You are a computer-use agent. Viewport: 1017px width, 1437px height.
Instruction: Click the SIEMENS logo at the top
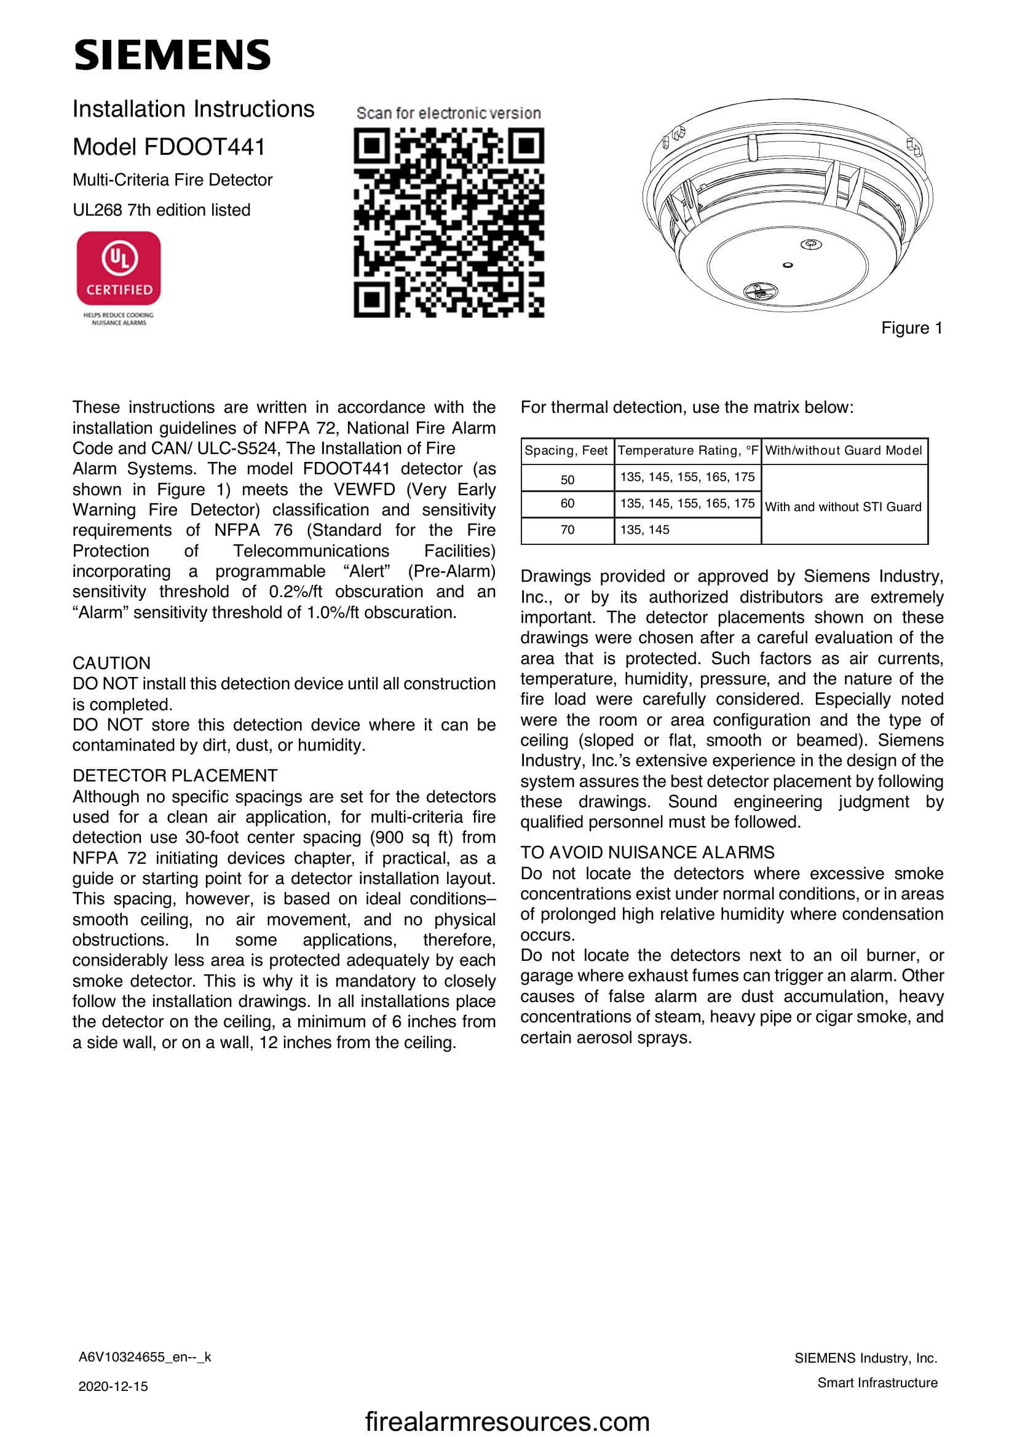coord(172,55)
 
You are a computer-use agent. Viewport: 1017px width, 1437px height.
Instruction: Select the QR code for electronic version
coord(448,222)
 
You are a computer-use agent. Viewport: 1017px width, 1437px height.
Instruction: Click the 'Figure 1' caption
coord(911,328)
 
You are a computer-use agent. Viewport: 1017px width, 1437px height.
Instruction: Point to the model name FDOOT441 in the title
coord(204,147)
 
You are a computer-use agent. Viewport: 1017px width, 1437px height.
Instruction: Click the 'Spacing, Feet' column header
coord(566,450)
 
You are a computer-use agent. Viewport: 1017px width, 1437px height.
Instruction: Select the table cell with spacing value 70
coord(567,530)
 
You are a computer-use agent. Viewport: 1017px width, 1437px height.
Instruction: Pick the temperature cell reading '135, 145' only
coord(644,530)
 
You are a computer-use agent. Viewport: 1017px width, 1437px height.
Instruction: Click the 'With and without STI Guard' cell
coord(843,506)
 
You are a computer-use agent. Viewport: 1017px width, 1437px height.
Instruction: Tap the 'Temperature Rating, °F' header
coord(687,450)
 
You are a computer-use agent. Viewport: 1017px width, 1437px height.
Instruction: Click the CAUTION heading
coord(111,663)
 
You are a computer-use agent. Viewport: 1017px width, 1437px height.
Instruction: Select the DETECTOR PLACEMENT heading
coord(175,775)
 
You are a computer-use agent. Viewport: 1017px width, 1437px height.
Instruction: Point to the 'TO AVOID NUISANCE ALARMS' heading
coord(647,853)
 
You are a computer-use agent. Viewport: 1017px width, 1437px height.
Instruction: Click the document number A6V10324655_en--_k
coord(144,1357)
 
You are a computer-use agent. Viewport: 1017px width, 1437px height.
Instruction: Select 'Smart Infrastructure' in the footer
coord(877,1382)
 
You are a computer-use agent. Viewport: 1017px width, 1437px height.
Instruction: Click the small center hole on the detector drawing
coord(788,265)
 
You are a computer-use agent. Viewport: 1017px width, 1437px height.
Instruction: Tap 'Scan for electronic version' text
coord(448,113)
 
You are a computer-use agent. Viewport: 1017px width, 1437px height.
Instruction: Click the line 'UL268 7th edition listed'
coord(162,209)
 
